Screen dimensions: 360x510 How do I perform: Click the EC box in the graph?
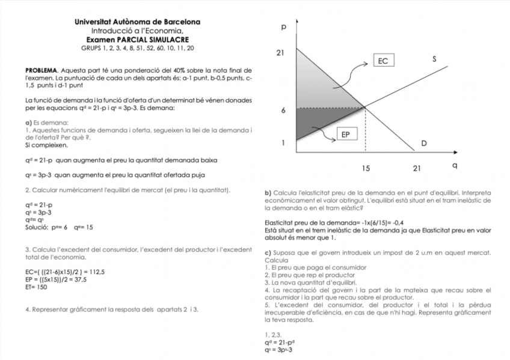click(x=383, y=61)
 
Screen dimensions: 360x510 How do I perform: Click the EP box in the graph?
click(x=345, y=135)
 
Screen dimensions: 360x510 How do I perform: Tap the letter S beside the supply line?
click(x=434, y=59)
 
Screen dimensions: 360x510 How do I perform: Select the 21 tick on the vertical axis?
click(x=280, y=53)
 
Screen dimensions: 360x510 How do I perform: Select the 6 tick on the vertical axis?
click(x=283, y=111)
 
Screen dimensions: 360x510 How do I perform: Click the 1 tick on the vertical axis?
click(x=283, y=143)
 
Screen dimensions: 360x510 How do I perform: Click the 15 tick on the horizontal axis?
click(x=366, y=167)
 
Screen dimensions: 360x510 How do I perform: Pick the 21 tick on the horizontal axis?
click(x=417, y=167)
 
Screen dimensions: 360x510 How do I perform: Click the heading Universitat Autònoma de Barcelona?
click(x=138, y=22)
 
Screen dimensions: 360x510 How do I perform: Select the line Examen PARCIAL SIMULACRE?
click(x=138, y=38)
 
